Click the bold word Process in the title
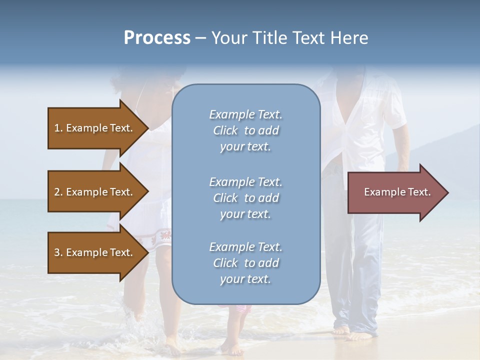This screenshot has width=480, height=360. [157, 38]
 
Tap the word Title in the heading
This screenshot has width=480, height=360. [269, 38]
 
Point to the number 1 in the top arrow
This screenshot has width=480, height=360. [56, 128]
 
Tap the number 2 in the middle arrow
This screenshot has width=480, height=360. [57, 192]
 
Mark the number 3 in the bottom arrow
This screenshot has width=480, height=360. [57, 252]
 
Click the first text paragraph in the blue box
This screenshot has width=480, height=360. [245, 130]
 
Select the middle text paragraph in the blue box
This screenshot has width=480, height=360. [245, 198]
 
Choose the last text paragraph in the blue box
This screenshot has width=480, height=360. [245, 263]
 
